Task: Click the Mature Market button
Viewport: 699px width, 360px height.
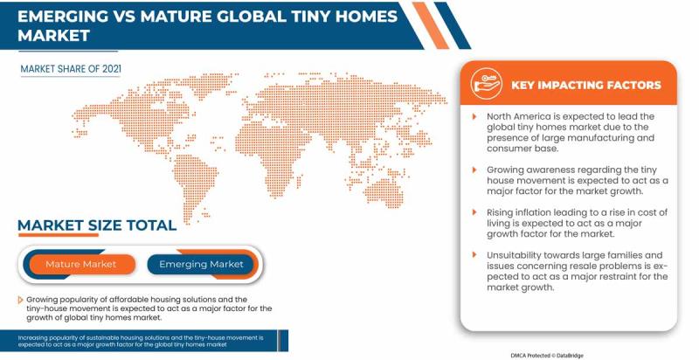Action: point(81,264)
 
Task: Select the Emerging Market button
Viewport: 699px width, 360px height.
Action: point(201,264)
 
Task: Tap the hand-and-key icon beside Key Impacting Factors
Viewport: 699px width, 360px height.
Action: point(483,84)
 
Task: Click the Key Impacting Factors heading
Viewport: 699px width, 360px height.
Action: point(585,85)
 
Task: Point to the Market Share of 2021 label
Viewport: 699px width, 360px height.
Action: point(71,69)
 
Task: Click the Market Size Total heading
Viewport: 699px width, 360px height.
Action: point(97,225)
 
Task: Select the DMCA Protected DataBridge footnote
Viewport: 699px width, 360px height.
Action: point(547,356)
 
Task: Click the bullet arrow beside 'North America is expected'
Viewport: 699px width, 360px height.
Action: point(474,117)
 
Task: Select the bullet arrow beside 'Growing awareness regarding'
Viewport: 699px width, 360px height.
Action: point(474,170)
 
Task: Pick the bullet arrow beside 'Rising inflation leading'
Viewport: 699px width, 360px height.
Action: point(474,212)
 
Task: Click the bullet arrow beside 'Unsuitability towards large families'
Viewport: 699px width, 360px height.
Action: point(474,255)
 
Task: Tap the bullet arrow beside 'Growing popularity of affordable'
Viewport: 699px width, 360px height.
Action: point(20,300)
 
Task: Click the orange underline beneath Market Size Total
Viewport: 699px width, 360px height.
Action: point(58,235)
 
